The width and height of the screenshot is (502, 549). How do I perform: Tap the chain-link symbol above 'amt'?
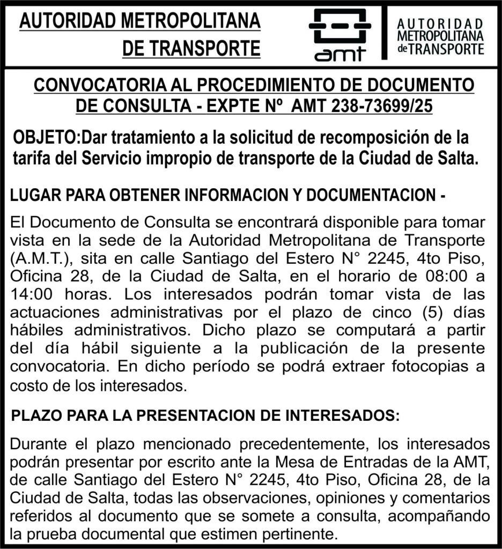coord(339,25)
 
